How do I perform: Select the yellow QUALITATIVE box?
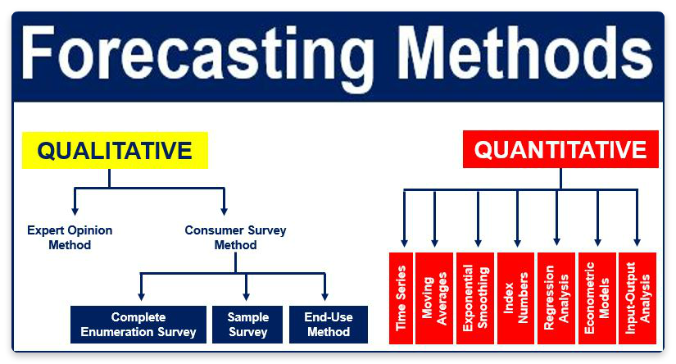click(x=115, y=150)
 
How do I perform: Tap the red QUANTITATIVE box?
click(x=560, y=149)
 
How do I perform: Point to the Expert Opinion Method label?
click(x=70, y=238)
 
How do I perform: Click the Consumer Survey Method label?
click(x=235, y=238)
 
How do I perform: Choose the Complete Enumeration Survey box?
click(x=138, y=325)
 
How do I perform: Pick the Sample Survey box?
click(x=247, y=325)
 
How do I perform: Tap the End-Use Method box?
click(x=329, y=325)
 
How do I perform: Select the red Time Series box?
click(x=401, y=298)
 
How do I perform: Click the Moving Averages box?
click(x=434, y=298)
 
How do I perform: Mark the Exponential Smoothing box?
click(x=475, y=298)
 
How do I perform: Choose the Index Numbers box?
click(x=516, y=298)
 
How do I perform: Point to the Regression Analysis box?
click(x=556, y=298)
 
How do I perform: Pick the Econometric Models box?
click(x=597, y=298)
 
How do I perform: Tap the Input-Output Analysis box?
click(x=637, y=298)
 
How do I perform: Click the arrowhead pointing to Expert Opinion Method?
click(x=75, y=211)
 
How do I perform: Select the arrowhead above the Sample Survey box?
click(x=246, y=296)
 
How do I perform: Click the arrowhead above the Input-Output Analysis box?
click(x=637, y=242)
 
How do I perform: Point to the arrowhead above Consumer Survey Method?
click(x=225, y=211)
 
